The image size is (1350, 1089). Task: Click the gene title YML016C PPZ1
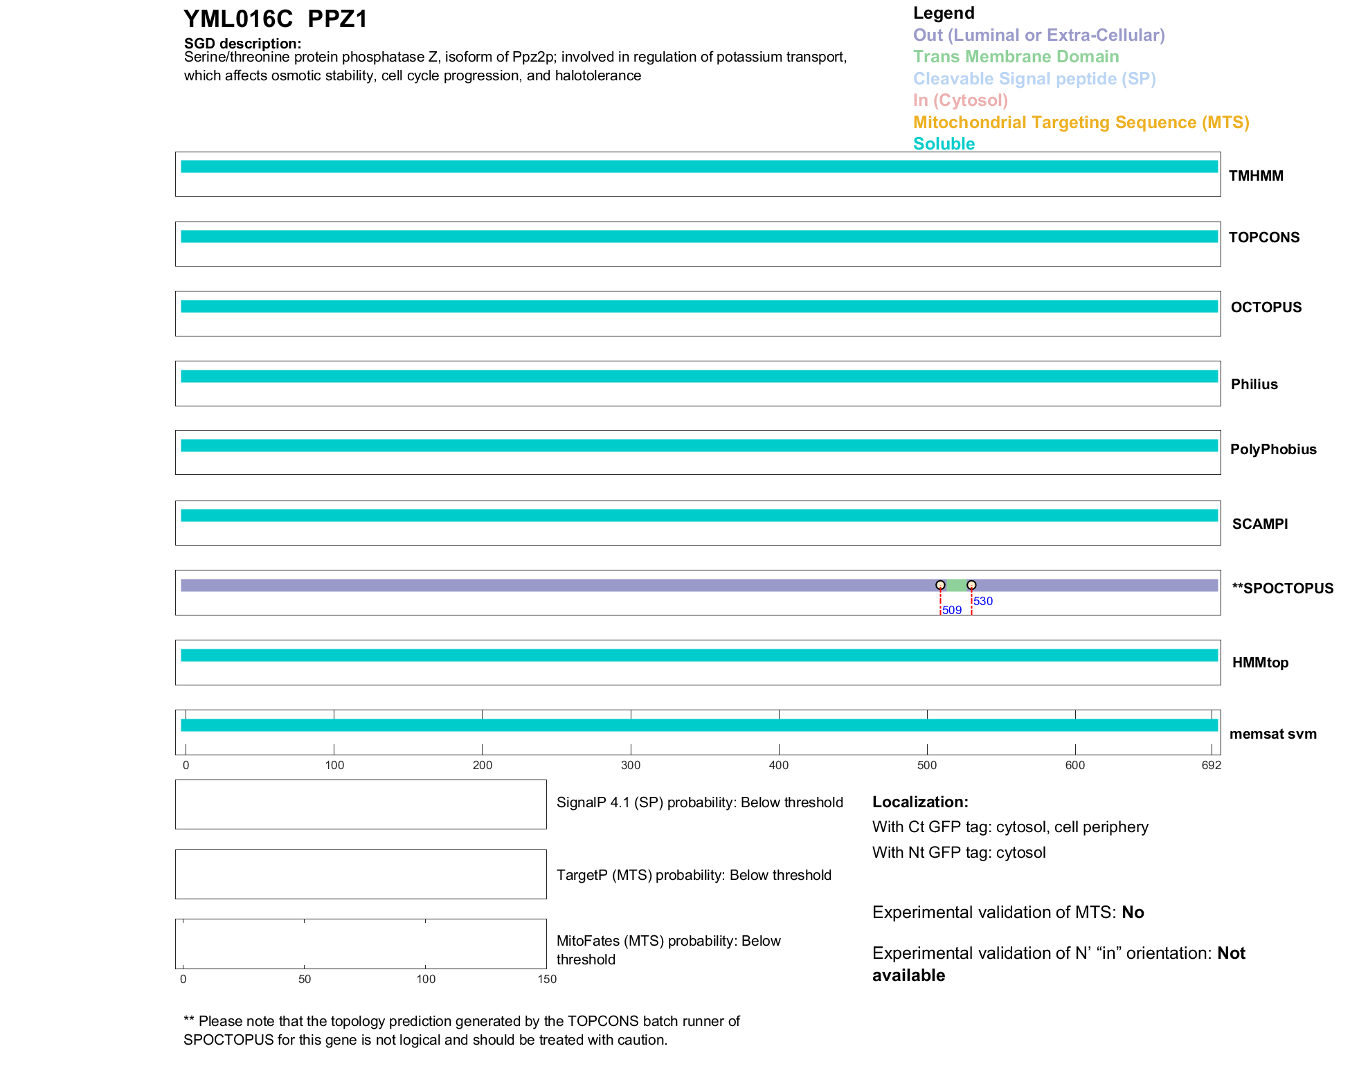pos(275,19)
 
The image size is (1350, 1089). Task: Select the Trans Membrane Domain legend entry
pos(1016,57)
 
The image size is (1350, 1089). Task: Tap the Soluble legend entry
pos(944,144)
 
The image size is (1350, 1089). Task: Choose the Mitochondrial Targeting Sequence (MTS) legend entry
pos(1081,123)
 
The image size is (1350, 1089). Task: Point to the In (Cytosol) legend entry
pos(960,100)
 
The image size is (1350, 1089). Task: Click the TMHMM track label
pos(1256,176)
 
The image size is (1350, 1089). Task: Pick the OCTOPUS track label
pos(1266,307)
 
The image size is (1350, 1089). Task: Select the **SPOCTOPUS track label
pos(1282,588)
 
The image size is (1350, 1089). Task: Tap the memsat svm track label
pos(1272,734)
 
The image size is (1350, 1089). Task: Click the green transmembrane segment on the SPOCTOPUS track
pos(956,586)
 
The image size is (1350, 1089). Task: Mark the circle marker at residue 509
pos(940,585)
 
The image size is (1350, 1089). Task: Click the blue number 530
pos(983,601)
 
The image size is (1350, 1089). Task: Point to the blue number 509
pos(952,610)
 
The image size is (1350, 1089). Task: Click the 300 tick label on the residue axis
pos(631,765)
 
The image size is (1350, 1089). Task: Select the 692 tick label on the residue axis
pos(1212,765)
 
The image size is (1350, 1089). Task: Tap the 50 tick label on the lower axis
pos(305,979)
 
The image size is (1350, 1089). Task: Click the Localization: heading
pos(920,802)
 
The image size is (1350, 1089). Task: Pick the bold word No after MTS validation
pos(1133,912)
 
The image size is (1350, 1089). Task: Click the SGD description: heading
pos(242,43)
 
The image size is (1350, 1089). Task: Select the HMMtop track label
pos(1260,663)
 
